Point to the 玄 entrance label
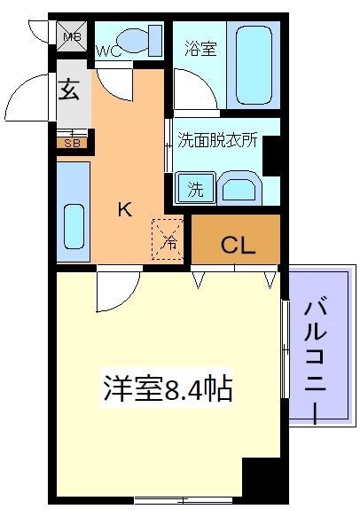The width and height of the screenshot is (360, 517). click(x=71, y=91)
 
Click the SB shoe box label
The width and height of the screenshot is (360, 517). click(x=70, y=141)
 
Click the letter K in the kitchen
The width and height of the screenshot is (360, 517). click(x=126, y=210)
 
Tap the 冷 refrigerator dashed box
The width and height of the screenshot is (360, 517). click(x=168, y=239)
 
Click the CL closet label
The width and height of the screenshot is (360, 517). click(x=238, y=244)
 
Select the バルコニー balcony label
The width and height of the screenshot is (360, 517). click(x=317, y=359)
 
